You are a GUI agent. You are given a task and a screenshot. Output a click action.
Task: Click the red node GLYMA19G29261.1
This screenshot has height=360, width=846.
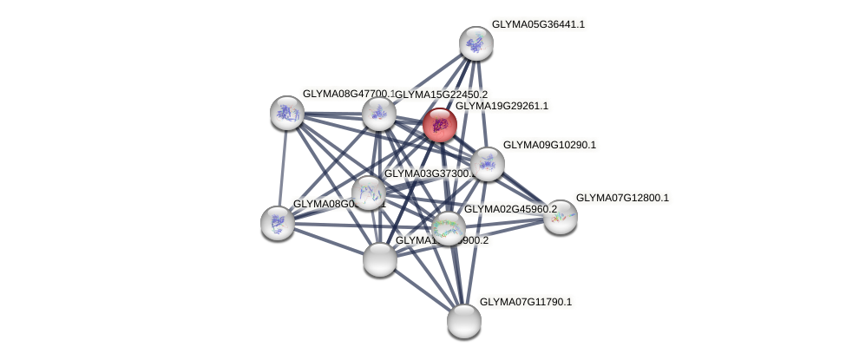[440, 125]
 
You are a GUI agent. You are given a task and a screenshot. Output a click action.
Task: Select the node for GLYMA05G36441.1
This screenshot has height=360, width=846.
[475, 43]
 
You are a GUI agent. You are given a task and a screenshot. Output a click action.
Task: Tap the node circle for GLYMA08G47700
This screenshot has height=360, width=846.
[286, 113]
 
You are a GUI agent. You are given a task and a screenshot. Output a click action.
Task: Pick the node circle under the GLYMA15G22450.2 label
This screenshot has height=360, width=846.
[378, 114]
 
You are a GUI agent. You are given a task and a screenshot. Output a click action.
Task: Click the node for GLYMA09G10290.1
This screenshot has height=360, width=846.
[487, 164]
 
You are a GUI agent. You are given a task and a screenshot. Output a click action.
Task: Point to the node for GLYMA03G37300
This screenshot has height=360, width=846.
[369, 193]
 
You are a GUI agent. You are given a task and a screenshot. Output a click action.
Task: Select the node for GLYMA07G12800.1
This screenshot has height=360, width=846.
[560, 217]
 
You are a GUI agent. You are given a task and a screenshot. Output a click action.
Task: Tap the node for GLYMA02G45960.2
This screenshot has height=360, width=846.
[448, 229]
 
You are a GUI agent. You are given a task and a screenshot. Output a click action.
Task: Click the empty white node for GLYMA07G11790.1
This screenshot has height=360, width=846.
[464, 321]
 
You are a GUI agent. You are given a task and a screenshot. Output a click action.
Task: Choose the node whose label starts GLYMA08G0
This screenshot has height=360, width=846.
[278, 223]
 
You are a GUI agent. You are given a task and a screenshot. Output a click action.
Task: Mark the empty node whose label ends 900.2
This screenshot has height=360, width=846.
[379, 259]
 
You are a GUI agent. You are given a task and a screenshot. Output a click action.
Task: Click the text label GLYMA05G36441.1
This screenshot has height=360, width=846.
[538, 24]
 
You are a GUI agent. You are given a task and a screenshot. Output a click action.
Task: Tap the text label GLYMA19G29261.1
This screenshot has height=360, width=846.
[502, 106]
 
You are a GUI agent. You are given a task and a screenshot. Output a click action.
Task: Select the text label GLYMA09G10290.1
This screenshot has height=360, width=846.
[549, 145]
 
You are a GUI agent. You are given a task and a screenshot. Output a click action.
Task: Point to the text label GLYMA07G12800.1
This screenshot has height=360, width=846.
[622, 198]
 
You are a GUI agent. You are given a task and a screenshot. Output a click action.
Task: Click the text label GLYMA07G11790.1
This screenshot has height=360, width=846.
[526, 302]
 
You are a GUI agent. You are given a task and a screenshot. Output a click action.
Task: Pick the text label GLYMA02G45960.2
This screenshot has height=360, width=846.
[510, 209]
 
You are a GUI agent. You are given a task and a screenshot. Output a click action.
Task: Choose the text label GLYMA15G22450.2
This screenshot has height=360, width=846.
[442, 95]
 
